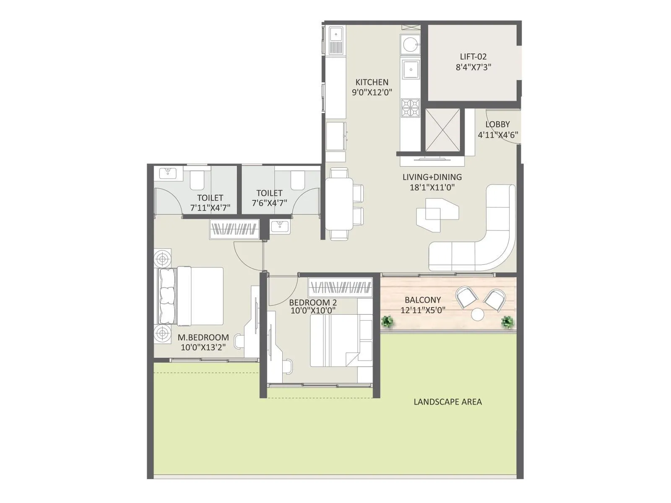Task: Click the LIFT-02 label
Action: pos(473,57)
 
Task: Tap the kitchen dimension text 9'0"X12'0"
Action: pos(372,92)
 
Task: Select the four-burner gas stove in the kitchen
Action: pos(410,107)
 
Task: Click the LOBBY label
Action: pos(497,124)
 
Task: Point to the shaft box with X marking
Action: pos(442,130)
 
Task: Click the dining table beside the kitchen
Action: pos(339,204)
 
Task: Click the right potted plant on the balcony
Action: pos(507,322)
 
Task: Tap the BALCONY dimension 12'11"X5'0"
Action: pos(423,311)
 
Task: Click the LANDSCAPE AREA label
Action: pos(447,402)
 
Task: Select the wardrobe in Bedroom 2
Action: pos(340,288)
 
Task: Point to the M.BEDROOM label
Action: pos(203,337)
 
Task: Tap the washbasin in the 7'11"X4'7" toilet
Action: pos(168,173)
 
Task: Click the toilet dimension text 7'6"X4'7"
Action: pos(269,203)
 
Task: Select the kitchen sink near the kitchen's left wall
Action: pos(336,41)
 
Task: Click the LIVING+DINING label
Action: pos(432,177)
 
